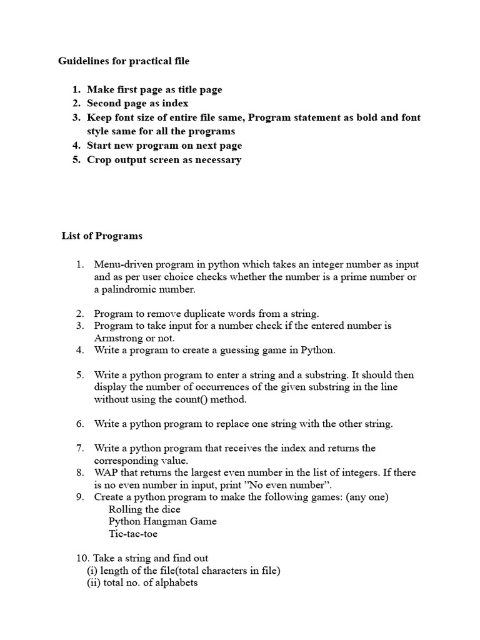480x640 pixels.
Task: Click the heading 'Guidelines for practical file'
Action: [124, 61]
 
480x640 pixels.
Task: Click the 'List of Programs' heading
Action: [102, 236]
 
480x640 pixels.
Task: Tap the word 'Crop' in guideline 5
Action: [100, 159]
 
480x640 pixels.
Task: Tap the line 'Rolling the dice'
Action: [144, 509]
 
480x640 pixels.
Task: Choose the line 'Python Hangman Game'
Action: [162, 521]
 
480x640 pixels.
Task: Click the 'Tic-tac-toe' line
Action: [133, 534]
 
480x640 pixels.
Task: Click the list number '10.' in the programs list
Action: [83, 558]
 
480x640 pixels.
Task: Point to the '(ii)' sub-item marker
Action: [94, 582]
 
